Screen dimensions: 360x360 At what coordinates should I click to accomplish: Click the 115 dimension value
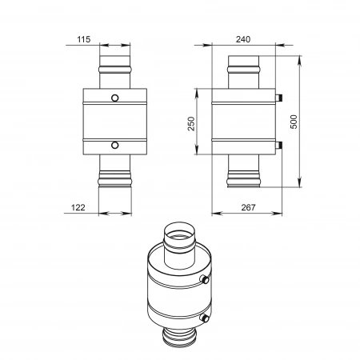click(84, 39)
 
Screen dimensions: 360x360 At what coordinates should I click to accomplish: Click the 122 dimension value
click(78, 207)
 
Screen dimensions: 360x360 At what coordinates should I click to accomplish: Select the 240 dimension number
click(243, 39)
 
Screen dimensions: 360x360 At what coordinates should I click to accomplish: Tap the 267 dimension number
click(248, 207)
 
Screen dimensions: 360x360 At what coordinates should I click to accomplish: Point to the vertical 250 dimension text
click(191, 123)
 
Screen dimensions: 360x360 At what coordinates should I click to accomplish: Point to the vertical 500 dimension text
click(294, 122)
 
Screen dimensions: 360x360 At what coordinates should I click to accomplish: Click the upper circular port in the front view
click(115, 98)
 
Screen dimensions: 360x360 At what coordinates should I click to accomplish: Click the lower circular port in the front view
click(115, 146)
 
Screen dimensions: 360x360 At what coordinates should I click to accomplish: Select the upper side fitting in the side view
click(278, 98)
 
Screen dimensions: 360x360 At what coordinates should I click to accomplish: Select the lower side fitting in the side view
click(278, 146)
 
